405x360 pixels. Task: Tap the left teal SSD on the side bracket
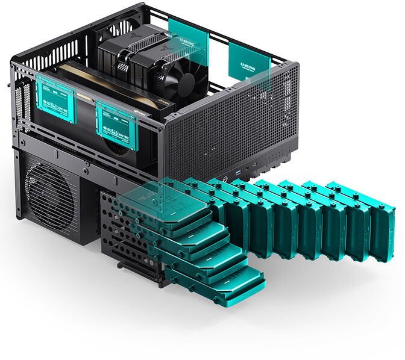55,99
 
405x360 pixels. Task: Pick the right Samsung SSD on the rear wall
248,63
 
